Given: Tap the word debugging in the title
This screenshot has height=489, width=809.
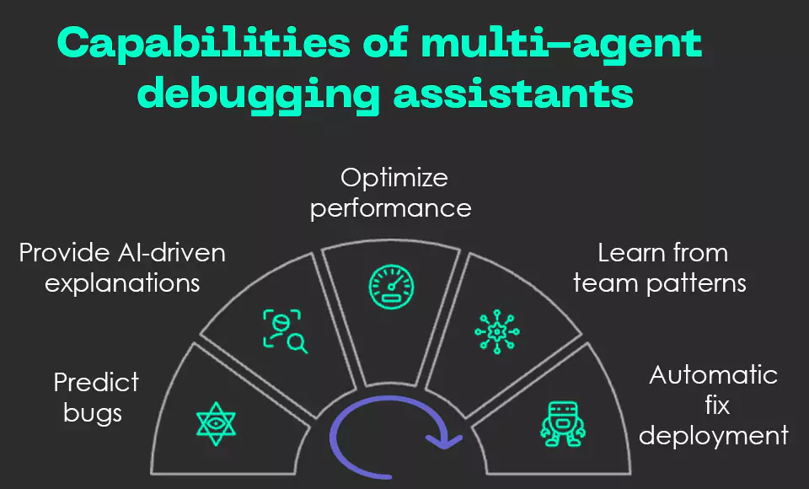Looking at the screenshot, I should (258, 94).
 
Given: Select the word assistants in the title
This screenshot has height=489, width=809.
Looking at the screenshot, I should (513, 93).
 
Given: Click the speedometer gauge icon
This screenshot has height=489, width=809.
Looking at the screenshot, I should (392, 287).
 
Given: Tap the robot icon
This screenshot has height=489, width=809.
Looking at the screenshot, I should (562, 422).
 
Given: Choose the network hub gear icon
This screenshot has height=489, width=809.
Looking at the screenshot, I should (497, 331).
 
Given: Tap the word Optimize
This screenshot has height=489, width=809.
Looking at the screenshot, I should (394, 178).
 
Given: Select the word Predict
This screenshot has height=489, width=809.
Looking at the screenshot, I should (96, 383).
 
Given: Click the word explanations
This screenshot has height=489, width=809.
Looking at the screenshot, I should (122, 282).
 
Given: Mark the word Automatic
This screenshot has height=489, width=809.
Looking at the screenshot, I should (713, 375).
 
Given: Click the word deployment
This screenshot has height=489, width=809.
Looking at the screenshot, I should (713, 436).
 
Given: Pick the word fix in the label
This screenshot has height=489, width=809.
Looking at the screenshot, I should (716, 406).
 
